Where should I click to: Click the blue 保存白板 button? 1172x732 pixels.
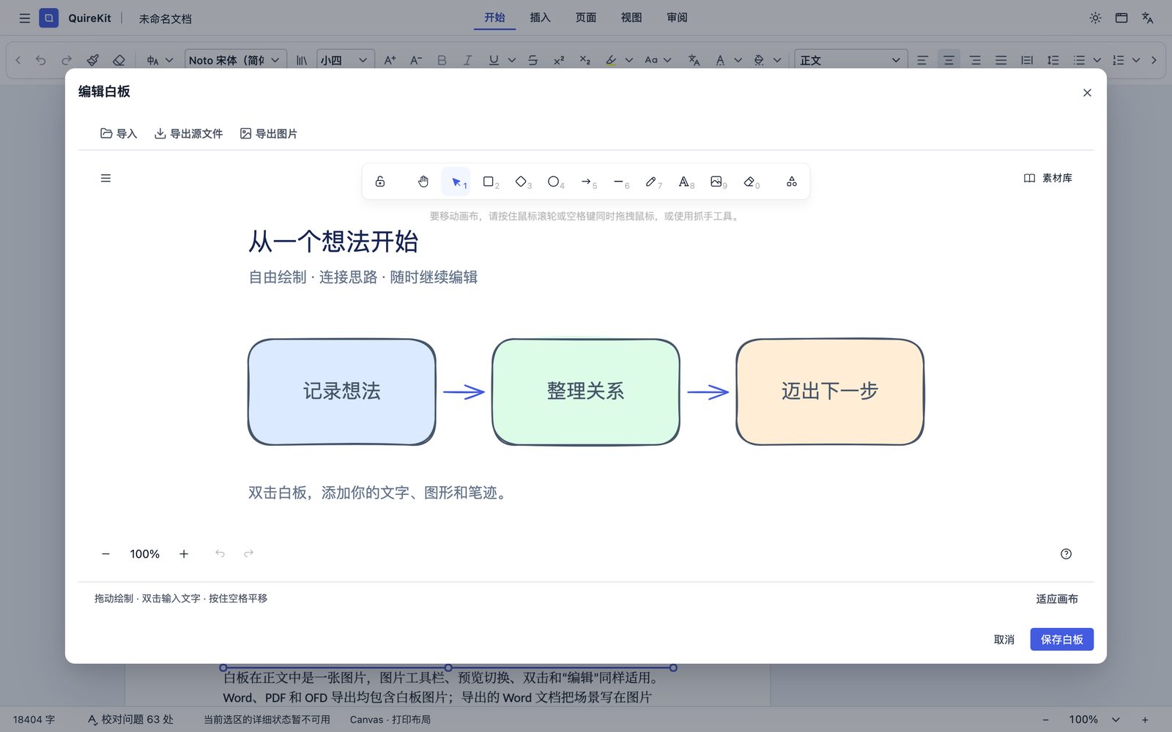[1061, 639]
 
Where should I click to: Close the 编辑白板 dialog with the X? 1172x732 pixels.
[1087, 92]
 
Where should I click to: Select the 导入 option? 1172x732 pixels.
[119, 133]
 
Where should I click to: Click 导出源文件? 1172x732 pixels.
[189, 133]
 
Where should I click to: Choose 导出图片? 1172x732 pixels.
[269, 133]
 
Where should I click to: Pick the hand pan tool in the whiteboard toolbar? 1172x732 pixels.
[423, 182]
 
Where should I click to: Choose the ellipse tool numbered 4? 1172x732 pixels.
[554, 182]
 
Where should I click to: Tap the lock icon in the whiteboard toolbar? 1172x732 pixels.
[380, 182]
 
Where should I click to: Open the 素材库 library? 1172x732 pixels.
[1048, 179]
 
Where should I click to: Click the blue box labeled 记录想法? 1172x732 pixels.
[341, 392]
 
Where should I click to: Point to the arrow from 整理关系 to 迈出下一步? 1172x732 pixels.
[708, 392]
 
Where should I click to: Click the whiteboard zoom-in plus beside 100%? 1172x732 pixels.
[184, 553]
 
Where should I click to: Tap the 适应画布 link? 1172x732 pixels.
[1057, 599]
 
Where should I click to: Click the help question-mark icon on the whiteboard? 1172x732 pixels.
[1066, 553]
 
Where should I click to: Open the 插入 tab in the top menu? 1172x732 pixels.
[540, 18]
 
